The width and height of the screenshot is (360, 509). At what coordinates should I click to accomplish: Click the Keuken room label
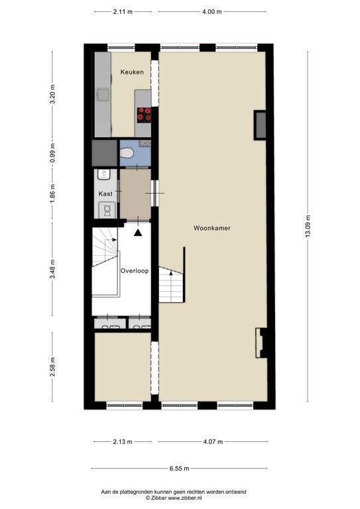click(x=132, y=72)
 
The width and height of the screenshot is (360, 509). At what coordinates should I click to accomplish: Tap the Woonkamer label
click(x=212, y=228)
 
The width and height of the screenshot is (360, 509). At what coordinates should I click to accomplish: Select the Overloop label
click(x=135, y=270)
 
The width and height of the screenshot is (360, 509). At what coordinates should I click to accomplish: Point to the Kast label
click(x=105, y=194)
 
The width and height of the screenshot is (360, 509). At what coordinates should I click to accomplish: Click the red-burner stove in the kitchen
click(x=144, y=115)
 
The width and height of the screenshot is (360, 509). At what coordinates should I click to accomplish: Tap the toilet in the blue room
click(x=126, y=152)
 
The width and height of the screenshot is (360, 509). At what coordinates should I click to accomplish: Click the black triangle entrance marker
click(x=138, y=233)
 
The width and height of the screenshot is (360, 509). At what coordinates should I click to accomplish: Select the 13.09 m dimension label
click(x=308, y=226)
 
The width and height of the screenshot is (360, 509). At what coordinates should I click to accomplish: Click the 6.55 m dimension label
click(x=179, y=469)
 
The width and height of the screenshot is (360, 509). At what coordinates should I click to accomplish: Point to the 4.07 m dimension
click(x=213, y=441)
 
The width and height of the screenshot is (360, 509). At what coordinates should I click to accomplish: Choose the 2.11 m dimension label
click(x=123, y=12)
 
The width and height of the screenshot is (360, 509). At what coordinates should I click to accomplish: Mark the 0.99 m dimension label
click(x=52, y=153)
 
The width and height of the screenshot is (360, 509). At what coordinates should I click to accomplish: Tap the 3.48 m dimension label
click(x=52, y=270)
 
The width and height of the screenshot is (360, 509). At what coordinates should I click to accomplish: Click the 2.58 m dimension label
click(x=52, y=367)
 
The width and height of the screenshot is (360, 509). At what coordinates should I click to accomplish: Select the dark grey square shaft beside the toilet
click(x=104, y=153)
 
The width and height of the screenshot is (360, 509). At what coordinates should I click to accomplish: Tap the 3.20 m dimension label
click(x=52, y=94)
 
